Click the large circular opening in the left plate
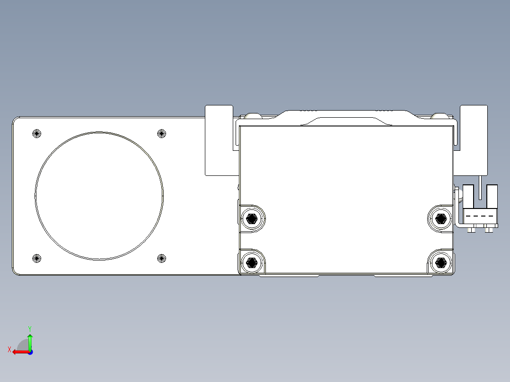[99, 196]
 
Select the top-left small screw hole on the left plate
[37, 133]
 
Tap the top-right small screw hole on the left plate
[162, 133]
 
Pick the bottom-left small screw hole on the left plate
[37, 258]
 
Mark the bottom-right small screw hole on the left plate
[162, 258]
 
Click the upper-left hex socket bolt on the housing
[252, 218]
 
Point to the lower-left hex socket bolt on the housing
[252, 262]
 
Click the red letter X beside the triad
[9, 349]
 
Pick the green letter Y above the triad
[30, 328]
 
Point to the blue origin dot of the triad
[30, 352]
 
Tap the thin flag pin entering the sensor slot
[480, 187]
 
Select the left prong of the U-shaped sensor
[468, 196]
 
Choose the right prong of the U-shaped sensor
[492, 196]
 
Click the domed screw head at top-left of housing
[252, 115]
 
